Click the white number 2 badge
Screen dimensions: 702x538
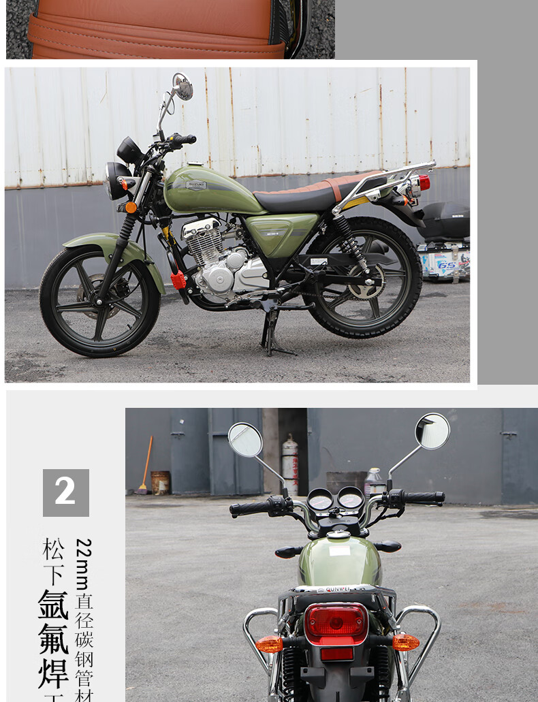[65, 492]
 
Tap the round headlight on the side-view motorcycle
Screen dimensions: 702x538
[115, 180]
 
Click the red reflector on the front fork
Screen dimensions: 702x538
[178, 279]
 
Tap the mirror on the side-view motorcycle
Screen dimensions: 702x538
[182, 87]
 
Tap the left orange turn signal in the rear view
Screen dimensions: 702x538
[269, 643]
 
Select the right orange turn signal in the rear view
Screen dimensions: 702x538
[405, 642]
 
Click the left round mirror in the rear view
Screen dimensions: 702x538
[245, 440]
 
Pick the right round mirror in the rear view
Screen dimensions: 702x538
[432, 431]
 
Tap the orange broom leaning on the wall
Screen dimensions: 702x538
[145, 466]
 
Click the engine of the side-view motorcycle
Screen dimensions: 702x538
[225, 262]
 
